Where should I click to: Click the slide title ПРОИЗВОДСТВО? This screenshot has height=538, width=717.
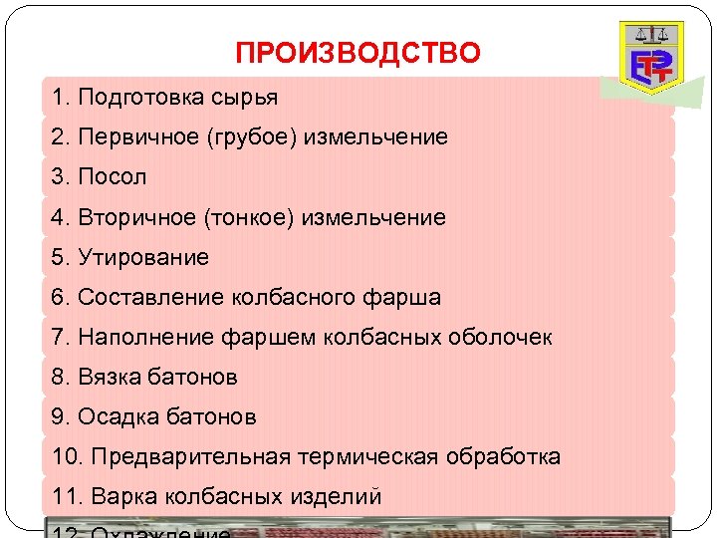pyautogui.click(x=358, y=53)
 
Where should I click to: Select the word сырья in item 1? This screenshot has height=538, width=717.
pyautogui.click(x=245, y=98)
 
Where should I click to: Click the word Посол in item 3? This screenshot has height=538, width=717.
pyautogui.click(x=112, y=177)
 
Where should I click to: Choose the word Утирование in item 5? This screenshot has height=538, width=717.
pyautogui.click(x=143, y=257)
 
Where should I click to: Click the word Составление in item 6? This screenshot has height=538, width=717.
pyautogui.click(x=151, y=297)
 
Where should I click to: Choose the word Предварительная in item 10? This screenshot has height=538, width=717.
pyautogui.click(x=191, y=456)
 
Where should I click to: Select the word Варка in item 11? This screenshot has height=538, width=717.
pyautogui.click(x=118, y=496)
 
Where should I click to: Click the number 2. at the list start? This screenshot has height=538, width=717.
pyautogui.click(x=61, y=137)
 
